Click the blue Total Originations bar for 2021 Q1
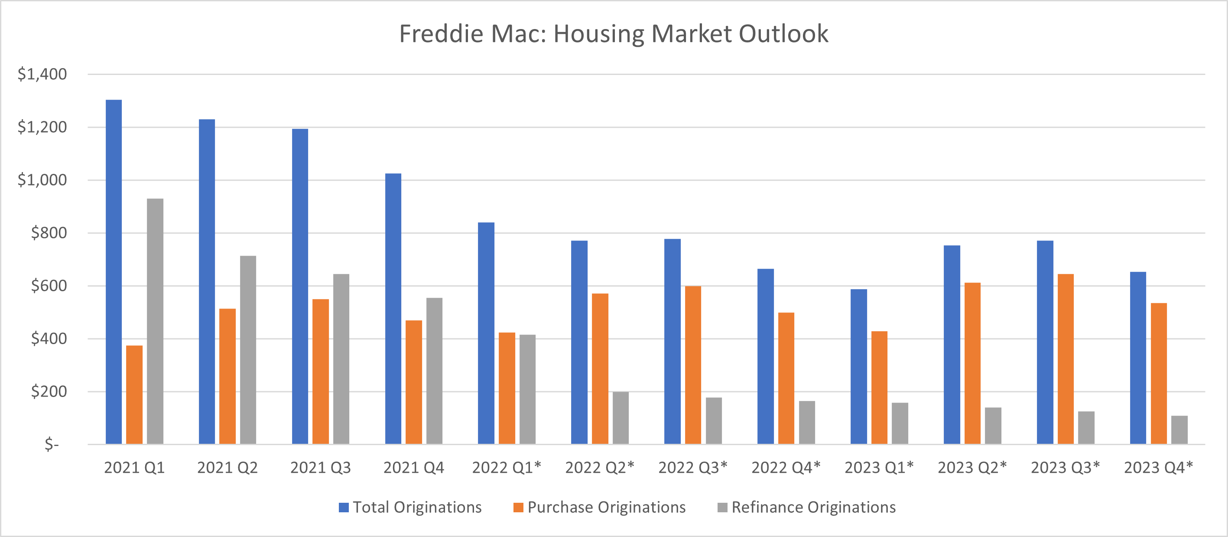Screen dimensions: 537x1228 114,272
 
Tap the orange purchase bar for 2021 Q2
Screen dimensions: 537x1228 227,376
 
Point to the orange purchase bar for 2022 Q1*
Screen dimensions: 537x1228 507,388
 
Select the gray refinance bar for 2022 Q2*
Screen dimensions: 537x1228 620,418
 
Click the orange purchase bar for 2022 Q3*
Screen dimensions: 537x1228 693,365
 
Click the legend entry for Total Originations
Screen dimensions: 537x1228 410,507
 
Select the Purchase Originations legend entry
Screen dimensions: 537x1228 599,507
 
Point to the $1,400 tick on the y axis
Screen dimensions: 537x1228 42,74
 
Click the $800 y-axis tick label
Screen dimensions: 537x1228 49,233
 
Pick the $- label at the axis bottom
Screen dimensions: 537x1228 52,445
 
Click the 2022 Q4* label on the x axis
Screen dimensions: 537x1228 786,467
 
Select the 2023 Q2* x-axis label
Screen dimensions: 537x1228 972,467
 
